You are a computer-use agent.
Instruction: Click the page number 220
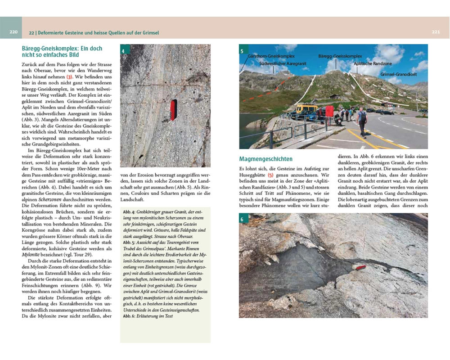13,32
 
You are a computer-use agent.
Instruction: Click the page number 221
436,32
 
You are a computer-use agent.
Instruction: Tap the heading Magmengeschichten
265,159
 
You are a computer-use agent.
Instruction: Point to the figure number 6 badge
242,220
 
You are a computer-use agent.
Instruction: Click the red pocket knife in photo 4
173,110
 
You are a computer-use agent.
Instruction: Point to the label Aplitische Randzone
373,64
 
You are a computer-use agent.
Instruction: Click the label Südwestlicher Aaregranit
283,64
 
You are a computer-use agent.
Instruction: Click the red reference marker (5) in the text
270,175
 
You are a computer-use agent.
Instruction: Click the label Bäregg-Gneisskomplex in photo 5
340,57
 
